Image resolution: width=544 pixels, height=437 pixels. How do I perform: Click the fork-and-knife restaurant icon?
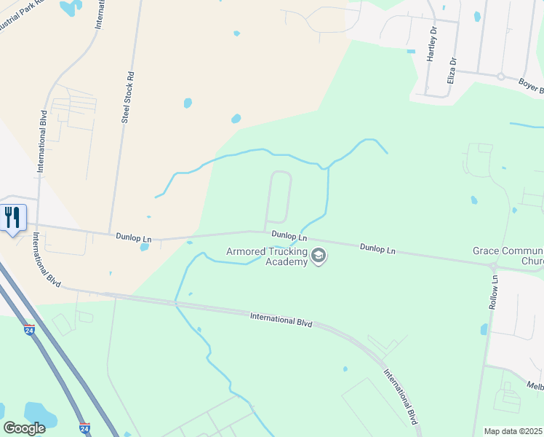point(13,217)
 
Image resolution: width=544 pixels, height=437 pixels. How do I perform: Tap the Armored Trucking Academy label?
point(266,256)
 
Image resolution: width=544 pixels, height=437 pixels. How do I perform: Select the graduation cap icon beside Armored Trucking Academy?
point(318,256)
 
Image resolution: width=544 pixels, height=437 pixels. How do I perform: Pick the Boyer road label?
point(530,86)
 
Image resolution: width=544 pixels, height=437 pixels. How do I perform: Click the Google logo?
point(25,428)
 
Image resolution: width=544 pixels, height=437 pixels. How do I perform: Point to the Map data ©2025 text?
point(513,431)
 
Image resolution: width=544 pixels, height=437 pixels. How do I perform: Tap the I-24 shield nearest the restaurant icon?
point(28,330)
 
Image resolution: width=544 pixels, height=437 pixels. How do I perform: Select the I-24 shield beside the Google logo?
point(84,428)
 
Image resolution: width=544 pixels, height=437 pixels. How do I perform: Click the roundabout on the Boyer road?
point(500,76)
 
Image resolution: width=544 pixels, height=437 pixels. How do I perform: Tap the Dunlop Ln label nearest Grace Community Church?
point(377,248)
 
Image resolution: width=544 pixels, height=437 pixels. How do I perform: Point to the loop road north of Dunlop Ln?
point(280,197)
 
